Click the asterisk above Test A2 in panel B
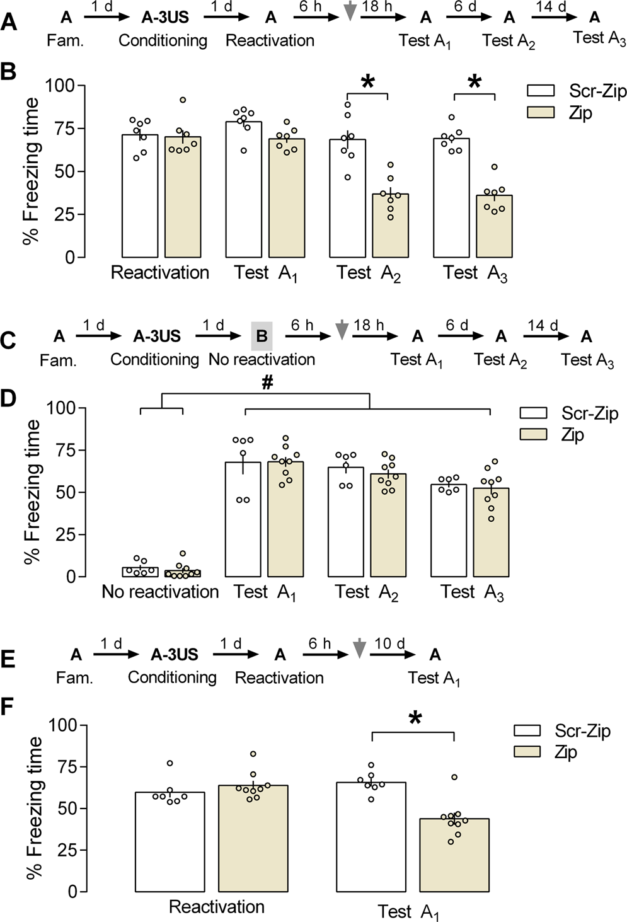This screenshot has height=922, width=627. click(x=368, y=82)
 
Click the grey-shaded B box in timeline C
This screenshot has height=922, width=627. click(x=262, y=336)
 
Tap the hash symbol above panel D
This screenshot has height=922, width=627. click(x=267, y=384)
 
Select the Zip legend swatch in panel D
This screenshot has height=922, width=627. click(x=536, y=434)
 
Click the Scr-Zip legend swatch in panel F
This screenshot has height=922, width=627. click(x=527, y=730)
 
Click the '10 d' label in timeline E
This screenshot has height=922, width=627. click(x=389, y=643)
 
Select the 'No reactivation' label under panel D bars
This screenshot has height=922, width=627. click(x=160, y=592)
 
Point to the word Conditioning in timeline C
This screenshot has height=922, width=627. click(x=154, y=359)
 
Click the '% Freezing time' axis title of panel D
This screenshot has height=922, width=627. click(x=33, y=492)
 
